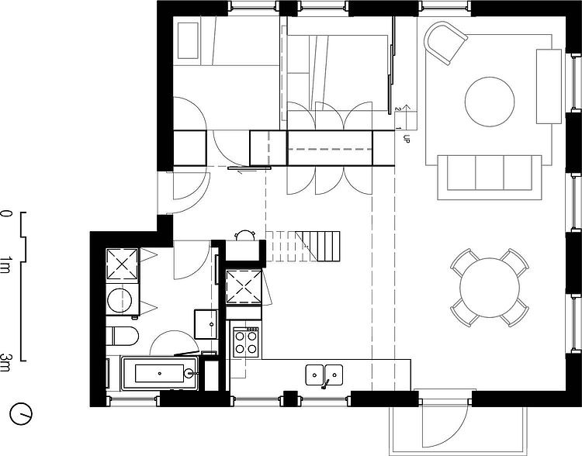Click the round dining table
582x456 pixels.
pyautogui.click(x=490, y=288)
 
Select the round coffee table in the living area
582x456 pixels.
pyautogui.click(x=490, y=102)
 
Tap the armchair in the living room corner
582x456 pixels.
pyautogui.click(x=445, y=43)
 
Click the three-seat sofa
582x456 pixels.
pyautogui.click(x=490, y=178)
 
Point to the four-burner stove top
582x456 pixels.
pyautogui.click(x=245, y=342)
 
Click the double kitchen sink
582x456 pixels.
pyautogui.click(x=324, y=375)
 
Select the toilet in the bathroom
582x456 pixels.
pyautogui.click(x=122, y=336)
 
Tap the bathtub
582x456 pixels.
pyautogui.click(x=160, y=373)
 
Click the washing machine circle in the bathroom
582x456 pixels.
pyautogui.click(x=120, y=300)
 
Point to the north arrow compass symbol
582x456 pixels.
pyautogui.click(x=21, y=413)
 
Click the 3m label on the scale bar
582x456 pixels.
pyautogui.click(x=5, y=362)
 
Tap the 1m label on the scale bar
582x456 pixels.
pyautogui.click(x=5, y=264)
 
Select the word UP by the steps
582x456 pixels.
pyautogui.click(x=406, y=139)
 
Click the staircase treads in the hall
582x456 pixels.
pyautogui.click(x=303, y=247)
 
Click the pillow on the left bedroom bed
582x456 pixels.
pyautogui.click(x=188, y=41)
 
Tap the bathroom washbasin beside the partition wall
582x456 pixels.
pyautogui.click(x=206, y=324)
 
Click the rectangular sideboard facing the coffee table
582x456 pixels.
pyautogui.click(x=549, y=86)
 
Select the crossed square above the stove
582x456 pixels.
pyautogui.click(x=244, y=287)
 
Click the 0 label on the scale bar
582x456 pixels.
pyautogui.click(x=6, y=214)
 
